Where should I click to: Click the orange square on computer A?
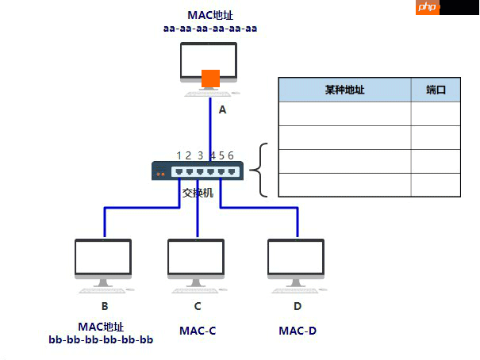[210, 79]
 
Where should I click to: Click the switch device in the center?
[198, 170]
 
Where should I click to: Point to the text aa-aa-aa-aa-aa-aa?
[210, 29]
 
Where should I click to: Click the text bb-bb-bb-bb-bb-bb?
[101, 340]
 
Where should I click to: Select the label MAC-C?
[198, 330]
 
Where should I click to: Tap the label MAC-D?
[298, 330]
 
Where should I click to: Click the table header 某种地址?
[344, 90]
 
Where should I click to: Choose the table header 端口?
[436, 90]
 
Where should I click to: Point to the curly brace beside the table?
[260, 170]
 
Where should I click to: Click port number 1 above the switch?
[179, 155]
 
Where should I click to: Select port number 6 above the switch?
[231, 155]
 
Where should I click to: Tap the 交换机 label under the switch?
[198, 192]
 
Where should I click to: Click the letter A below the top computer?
[222, 110]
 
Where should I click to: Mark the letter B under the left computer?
[104, 306]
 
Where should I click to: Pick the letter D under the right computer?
[298, 306]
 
